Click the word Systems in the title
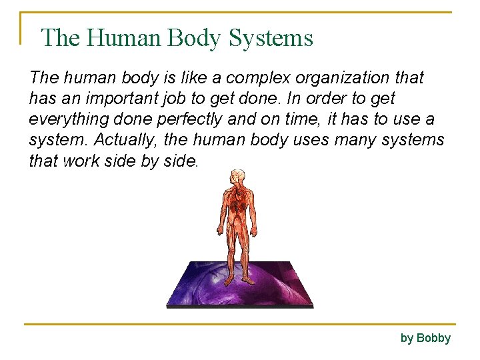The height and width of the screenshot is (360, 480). pyautogui.click(x=271, y=38)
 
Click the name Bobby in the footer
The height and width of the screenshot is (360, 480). pyautogui.click(x=434, y=338)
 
